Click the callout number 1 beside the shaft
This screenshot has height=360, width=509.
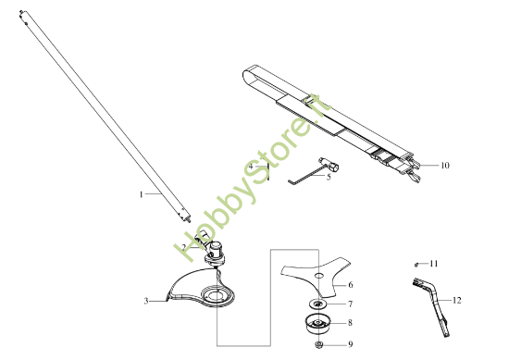(x=142, y=194)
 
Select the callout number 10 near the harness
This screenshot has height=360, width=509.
(x=445, y=166)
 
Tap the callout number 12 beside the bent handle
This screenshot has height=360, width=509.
(x=456, y=300)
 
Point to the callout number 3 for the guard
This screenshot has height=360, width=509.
(x=146, y=302)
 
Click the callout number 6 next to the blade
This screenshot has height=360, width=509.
(x=351, y=285)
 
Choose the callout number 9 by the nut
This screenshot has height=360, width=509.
(x=350, y=344)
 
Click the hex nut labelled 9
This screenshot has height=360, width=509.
(x=318, y=344)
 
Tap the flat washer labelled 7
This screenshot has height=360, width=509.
(x=317, y=304)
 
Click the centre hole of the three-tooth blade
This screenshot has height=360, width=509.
(x=320, y=276)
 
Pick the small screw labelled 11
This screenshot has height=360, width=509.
(x=416, y=265)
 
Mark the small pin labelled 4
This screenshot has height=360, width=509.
(x=268, y=172)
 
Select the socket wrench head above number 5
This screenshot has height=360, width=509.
(x=329, y=165)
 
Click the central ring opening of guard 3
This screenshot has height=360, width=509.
(x=214, y=295)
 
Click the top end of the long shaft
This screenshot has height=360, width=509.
(x=21, y=12)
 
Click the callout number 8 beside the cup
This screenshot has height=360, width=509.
(x=350, y=323)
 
